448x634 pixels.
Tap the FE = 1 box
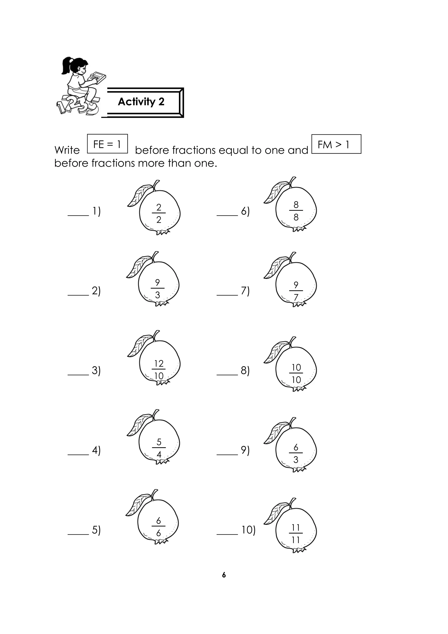click(107, 144)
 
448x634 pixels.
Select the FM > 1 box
click(336, 144)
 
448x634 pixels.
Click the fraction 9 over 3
click(157, 289)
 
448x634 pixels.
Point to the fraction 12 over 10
click(159, 370)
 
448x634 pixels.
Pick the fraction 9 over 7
click(296, 291)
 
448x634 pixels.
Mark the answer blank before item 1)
click(78, 215)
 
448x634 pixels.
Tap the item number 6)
click(245, 211)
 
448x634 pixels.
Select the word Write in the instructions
click(67, 150)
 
